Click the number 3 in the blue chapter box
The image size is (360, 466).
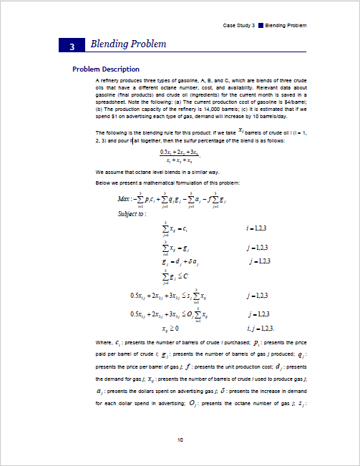tap(72, 46)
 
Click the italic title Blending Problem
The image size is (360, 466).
tap(128, 44)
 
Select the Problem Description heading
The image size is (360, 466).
tap(106, 69)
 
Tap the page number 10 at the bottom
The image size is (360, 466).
tap(180, 440)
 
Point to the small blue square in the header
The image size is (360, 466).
tap(261, 26)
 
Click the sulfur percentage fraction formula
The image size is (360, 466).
tap(180, 157)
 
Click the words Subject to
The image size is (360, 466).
tap(132, 213)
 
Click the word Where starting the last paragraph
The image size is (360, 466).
tap(104, 342)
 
